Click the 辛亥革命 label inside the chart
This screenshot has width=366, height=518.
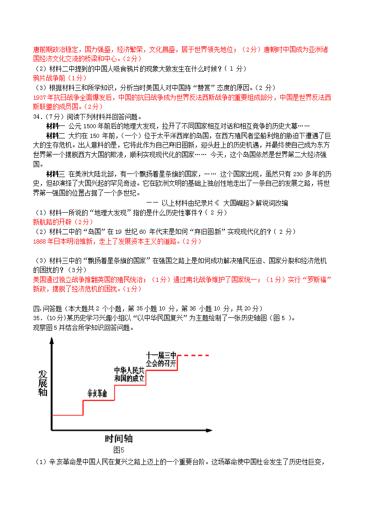click(x=97, y=393)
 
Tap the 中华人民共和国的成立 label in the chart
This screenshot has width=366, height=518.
click(x=130, y=374)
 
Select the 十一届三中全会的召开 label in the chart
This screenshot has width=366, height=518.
click(x=161, y=359)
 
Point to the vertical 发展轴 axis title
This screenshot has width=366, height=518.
click(x=43, y=382)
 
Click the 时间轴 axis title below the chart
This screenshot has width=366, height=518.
click(x=118, y=438)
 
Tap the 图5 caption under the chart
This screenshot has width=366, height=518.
click(x=119, y=450)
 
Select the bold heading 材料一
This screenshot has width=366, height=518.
click(x=56, y=126)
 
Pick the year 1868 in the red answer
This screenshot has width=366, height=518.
click(x=41, y=241)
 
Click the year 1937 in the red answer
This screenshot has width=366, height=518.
click(x=41, y=97)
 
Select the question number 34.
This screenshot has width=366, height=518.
click(x=38, y=117)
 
